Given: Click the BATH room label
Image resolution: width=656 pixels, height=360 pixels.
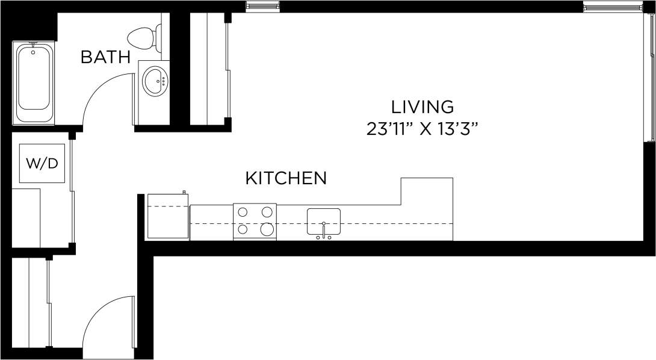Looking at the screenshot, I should (105, 57).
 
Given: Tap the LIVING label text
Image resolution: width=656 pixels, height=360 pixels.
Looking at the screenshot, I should (422, 107).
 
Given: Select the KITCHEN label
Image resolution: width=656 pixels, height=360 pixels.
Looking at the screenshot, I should (286, 178).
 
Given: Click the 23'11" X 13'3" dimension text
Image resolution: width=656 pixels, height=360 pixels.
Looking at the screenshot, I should (422, 129).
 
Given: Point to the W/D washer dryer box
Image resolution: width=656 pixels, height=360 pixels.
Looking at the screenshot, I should (42, 163).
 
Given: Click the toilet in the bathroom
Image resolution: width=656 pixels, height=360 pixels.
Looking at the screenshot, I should (144, 38).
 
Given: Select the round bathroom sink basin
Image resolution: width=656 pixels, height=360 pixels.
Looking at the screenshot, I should (155, 80).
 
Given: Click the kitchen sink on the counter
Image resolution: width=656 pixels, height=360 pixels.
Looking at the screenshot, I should (324, 222).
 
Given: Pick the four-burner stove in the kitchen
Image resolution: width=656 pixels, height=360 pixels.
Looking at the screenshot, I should (255, 221).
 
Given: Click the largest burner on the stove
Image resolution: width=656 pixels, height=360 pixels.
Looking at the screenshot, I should (267, 229).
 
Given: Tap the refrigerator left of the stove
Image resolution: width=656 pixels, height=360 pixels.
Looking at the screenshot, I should (168, 216).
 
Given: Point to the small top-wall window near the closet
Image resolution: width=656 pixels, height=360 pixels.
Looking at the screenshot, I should (263, 7).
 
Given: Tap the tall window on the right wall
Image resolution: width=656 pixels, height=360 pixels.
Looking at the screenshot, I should (649, 78).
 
